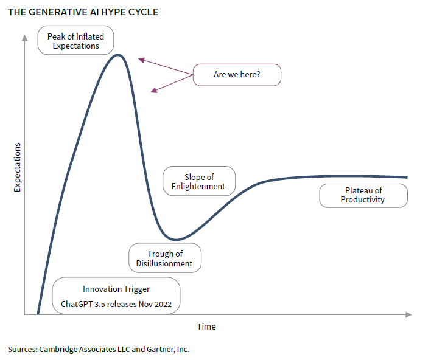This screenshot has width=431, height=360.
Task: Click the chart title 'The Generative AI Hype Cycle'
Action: coord(83,12)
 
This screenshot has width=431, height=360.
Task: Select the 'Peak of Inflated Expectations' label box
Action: coord(75,40)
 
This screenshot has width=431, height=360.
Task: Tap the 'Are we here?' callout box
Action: coord(237,75)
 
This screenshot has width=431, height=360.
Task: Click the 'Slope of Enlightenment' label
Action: coord(199,181)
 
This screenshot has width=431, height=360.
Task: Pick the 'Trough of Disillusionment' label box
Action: coord(165,258)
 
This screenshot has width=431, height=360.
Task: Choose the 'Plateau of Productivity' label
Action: coord(363,196)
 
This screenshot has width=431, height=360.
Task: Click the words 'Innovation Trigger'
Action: coord(116,289)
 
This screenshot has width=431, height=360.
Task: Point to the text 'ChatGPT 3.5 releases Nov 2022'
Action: coord(116,304)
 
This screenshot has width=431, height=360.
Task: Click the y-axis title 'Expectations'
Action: coord(17,167)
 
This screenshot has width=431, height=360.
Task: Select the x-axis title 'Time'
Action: coord(206,327)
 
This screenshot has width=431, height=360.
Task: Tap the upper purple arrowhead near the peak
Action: coord(142,60)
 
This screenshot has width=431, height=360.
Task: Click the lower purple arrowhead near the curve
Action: coord(154,91)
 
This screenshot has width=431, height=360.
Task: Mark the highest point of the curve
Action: coord(118,55)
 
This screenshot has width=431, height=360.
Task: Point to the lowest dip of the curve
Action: coord(176,240)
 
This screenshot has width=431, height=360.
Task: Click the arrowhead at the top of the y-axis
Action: coord(25,38)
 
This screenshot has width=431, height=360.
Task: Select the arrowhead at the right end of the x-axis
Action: coord(408,314)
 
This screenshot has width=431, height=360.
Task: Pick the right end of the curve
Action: coord(407,178)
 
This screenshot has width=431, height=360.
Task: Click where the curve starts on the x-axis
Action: coord(38,314)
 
